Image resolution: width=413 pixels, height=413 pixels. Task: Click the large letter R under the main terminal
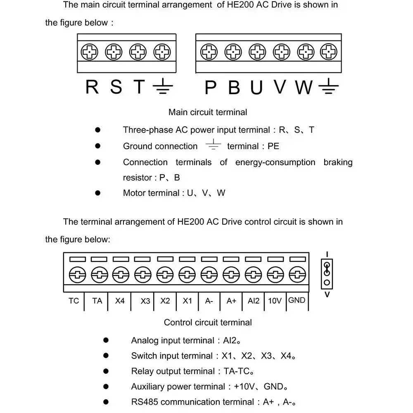coord(92,87)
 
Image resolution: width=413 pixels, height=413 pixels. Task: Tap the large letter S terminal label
coord(116,87)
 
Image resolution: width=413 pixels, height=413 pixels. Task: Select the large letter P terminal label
coord(211,87)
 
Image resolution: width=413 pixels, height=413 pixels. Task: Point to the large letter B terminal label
coord(234,87)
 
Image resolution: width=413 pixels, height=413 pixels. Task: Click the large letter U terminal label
coord(256,87)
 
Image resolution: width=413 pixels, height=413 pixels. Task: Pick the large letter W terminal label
coord(304,87)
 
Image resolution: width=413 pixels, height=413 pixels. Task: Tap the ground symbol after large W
coord(328,87)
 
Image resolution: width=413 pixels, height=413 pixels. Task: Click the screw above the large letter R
coord(89,52)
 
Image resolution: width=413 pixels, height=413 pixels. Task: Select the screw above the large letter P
coord(209,52)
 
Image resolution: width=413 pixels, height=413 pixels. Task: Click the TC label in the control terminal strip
coord(74,301)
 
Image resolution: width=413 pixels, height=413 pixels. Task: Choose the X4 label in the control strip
coord(120,301)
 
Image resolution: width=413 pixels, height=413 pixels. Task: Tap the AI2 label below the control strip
coord(254,301)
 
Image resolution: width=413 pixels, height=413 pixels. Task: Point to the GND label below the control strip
coord(297,300)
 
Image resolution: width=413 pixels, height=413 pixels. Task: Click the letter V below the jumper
coord(327,295)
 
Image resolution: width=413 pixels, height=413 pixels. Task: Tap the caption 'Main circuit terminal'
coord(208,112)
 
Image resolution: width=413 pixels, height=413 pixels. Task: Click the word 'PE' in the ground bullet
coord(273,146)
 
